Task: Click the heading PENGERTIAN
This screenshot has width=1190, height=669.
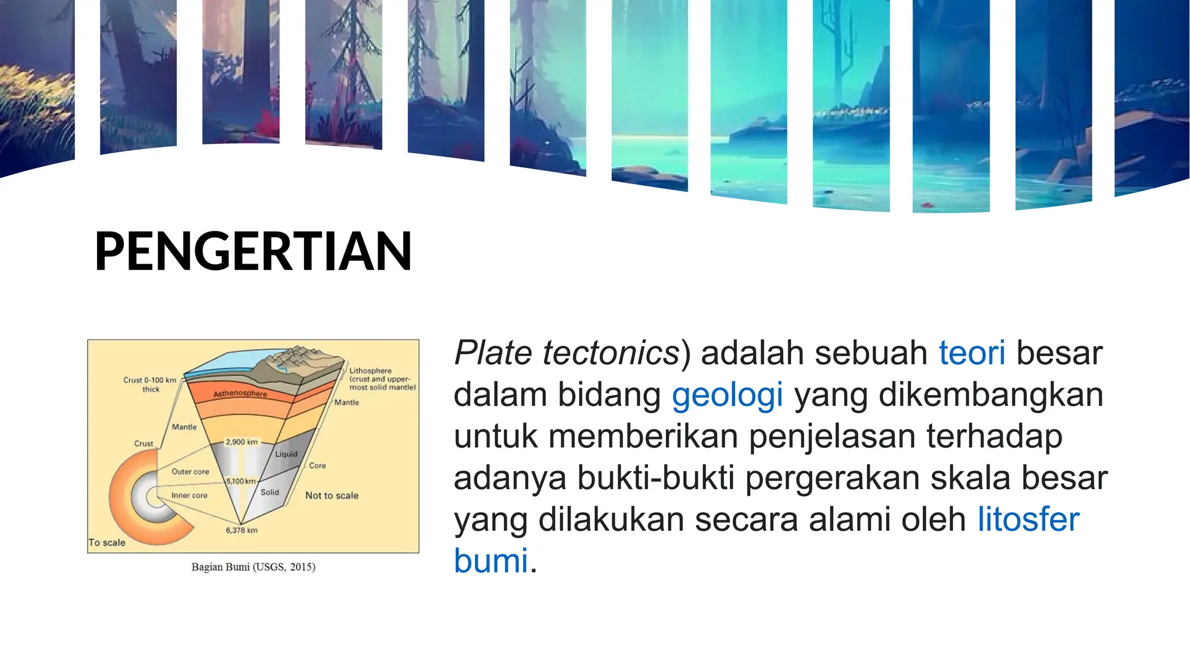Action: tap(253, 251)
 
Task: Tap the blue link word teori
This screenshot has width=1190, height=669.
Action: tap(972, 353)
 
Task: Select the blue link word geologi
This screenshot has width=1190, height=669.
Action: tap(727, 395)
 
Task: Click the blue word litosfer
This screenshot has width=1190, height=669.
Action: tap(1028, 519)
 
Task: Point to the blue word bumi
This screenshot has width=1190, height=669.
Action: tap(491, 561)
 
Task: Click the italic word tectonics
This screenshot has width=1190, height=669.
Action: tap(611, 353)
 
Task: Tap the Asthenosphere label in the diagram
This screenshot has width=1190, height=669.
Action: tap(240, 393)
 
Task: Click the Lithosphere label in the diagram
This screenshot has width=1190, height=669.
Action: tap(370, 371)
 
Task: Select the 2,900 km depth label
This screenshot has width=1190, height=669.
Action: tap(241, 442)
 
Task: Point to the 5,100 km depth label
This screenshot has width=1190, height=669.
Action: tap(241, 481)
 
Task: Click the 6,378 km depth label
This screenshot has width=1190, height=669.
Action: tap(241, 530)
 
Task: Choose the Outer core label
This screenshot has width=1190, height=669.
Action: tap(190, 472)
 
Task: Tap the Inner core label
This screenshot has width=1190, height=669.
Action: tap(189, 495)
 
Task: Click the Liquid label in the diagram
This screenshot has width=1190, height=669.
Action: tap(286, 454)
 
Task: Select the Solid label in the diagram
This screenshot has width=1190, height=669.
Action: tap(270, 492)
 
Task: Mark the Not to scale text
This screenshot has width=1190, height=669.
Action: tap(332, 495)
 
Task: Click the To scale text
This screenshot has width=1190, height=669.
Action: tap(107, 542)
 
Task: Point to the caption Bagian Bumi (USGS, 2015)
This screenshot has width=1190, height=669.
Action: tap(253, 567)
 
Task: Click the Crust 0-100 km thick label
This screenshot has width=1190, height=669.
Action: tap(149, 384)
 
